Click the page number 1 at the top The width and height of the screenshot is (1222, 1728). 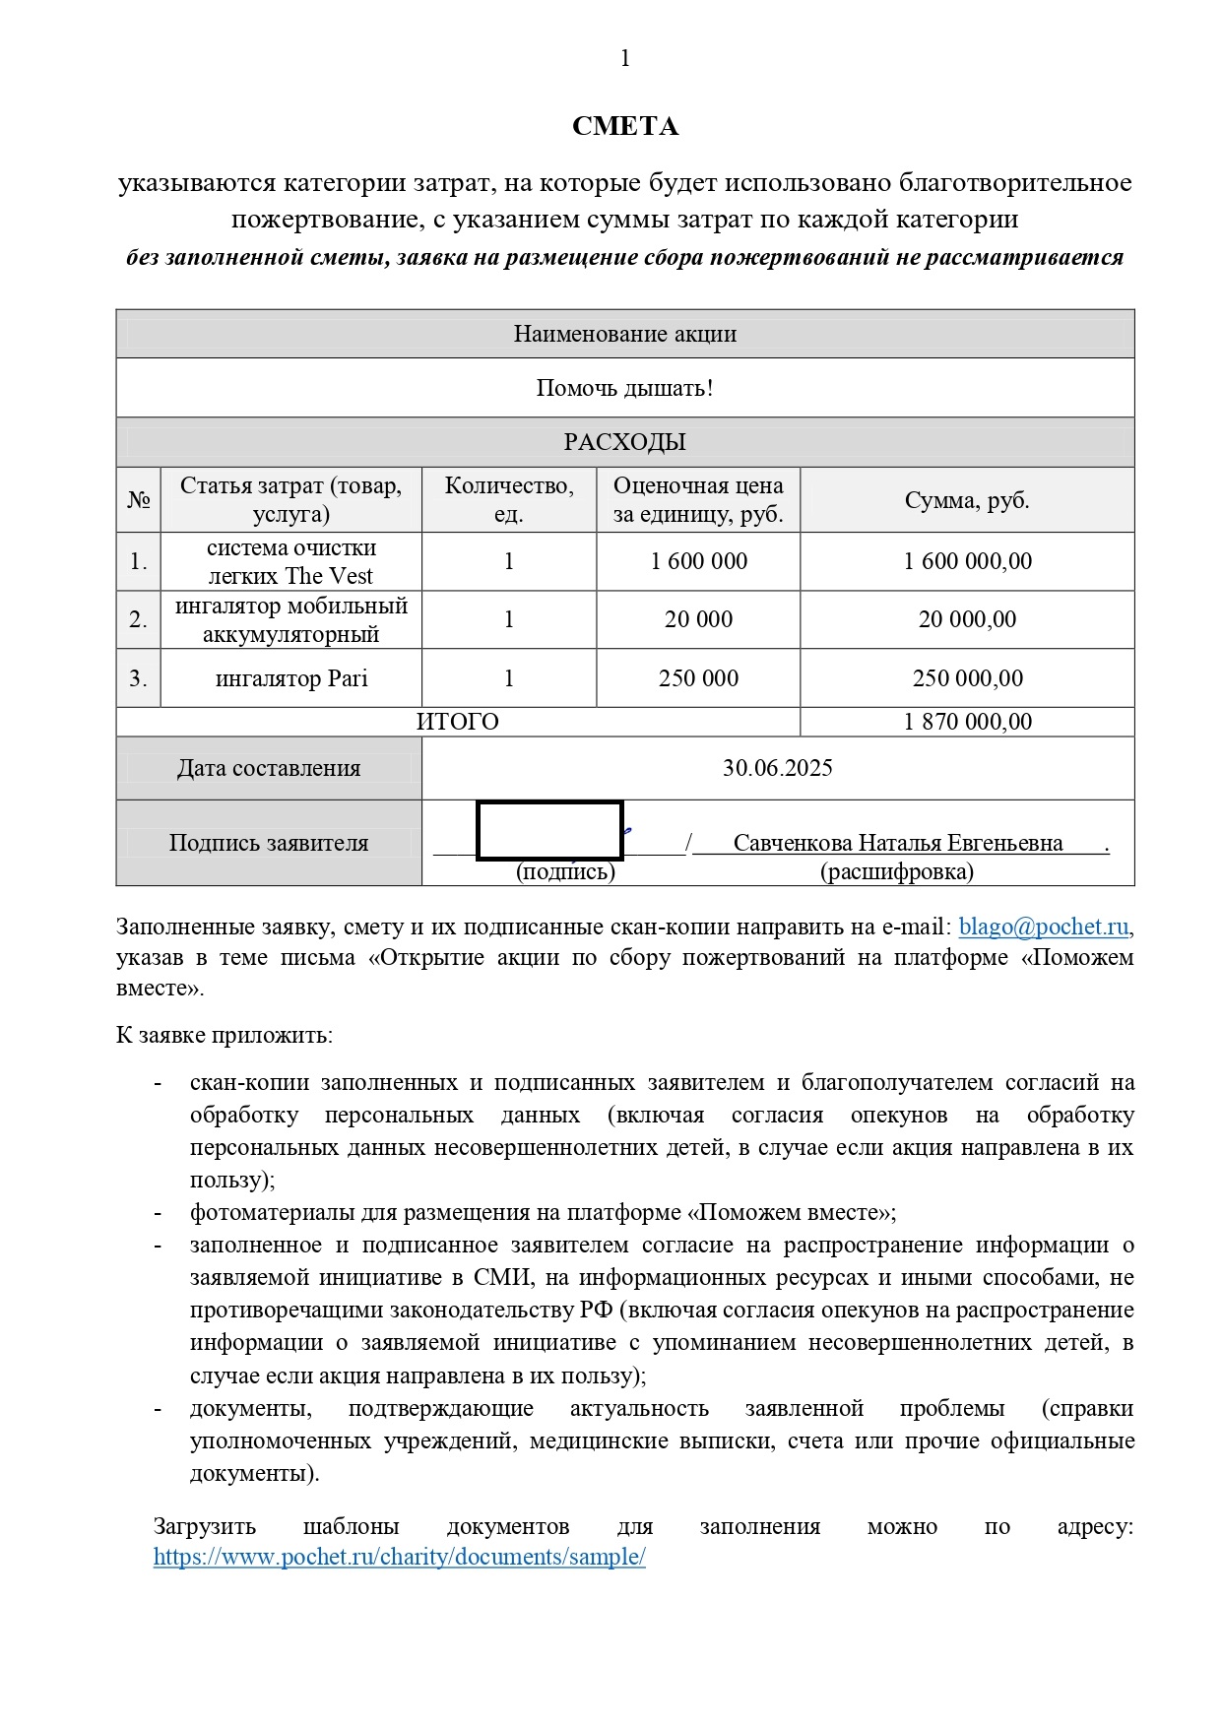pos(624,59)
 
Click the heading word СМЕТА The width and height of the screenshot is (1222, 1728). pos(624,126)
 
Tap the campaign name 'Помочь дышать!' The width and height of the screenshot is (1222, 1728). pos(624,388)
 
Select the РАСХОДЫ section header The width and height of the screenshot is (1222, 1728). pos(624,442)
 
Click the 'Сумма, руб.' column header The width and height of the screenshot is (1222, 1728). pos(966,500)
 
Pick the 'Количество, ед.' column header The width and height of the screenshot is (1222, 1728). pos(508,499)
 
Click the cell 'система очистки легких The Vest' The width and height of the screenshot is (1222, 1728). pos(290,561)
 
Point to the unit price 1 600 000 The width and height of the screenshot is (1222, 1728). pos(698,561)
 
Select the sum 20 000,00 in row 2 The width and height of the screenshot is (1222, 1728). pos(966,619)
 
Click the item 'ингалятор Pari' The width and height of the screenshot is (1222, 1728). pos(290,678)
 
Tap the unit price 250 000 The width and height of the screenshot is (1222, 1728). pos(698,678)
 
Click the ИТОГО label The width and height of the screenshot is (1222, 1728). pos(457,722)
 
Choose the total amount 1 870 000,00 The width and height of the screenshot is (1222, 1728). pos(967,722)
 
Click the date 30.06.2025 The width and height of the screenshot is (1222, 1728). pos(777,768)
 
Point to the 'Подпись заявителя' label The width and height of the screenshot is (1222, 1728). pos(268,843)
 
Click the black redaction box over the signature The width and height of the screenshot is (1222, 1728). pos(549,830)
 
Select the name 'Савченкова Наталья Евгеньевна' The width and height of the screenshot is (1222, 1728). pos(897,843)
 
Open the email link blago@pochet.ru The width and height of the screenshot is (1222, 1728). pos(1043,927)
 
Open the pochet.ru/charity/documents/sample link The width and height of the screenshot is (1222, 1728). pos(399,1557)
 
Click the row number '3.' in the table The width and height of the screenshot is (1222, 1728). pos(138,678)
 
